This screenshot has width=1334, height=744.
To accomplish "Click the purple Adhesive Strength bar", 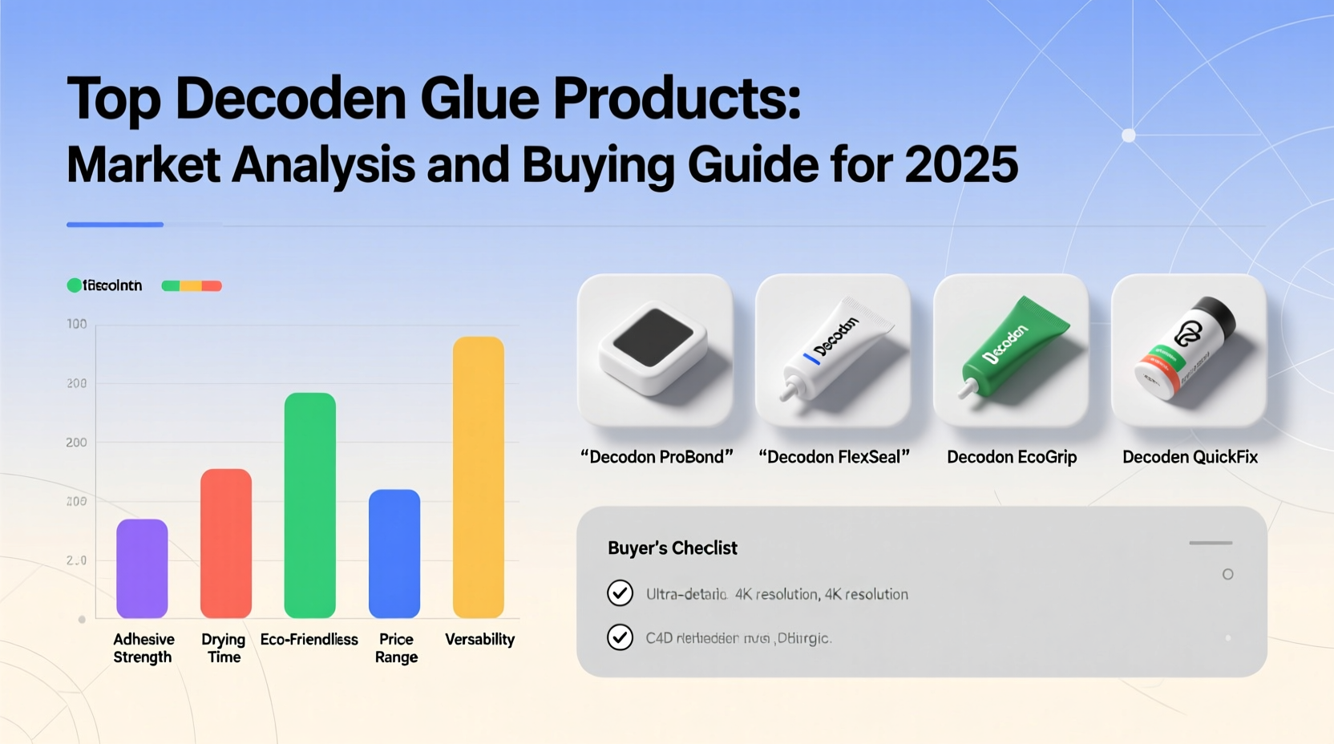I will [x=142, y=568].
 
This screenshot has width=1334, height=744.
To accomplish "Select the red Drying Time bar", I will [x=226, y=543].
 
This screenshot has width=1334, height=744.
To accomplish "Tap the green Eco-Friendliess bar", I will [x=310, y=505].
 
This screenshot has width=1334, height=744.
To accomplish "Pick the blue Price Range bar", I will [x=394, y=553].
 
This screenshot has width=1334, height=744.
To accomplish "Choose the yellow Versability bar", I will [x=479, y=477].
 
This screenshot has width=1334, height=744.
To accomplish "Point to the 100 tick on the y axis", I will [x=77, y=324].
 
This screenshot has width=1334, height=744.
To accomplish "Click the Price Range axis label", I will [x=396, y=648].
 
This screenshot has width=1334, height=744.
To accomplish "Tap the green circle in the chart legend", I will [x=75, y=285].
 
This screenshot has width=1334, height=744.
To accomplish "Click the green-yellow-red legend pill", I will [x=192, y=285].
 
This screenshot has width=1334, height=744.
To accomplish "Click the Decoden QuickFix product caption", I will [x=1190, y=457].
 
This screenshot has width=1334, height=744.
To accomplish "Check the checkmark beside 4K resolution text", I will [x=620, y=593].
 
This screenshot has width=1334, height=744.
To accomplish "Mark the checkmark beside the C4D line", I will [x=620, y=637].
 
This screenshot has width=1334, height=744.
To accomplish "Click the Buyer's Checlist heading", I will [x=672, y=548].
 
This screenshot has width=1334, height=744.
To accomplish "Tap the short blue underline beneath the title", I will [x=115, y=224].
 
